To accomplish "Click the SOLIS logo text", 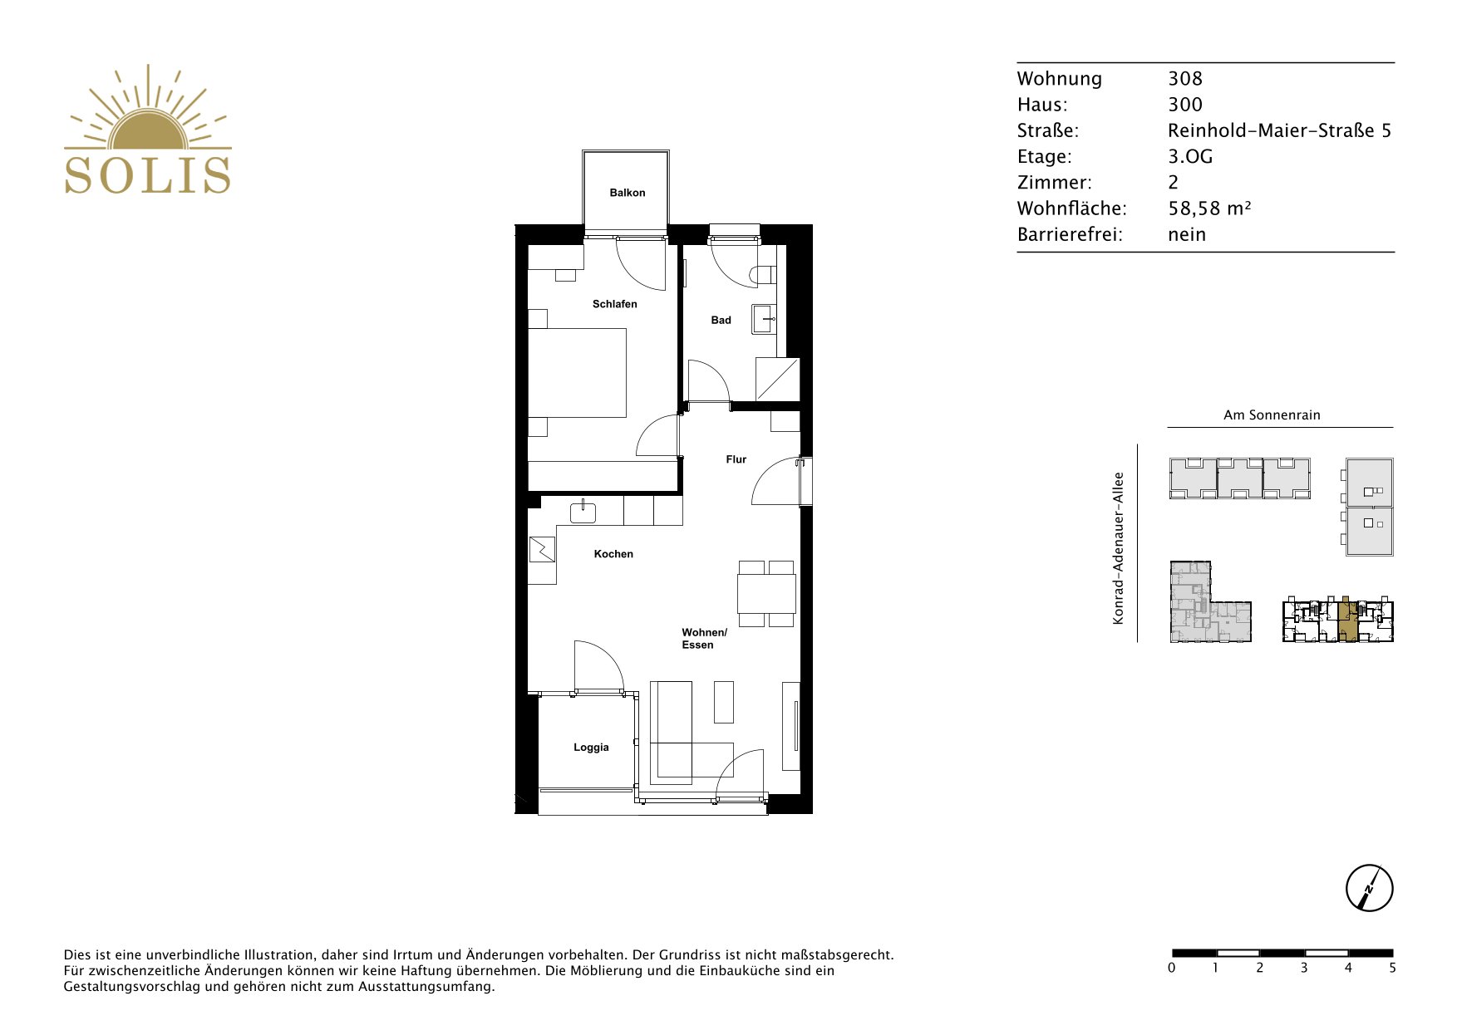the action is point(148,175).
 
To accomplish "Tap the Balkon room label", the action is point(628,193).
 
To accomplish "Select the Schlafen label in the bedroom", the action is point(615,304).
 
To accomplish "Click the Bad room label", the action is point(721,320).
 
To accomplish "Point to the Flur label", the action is point(736,459).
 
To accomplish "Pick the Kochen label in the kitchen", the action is point(613,554).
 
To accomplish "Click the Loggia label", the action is point(591,748).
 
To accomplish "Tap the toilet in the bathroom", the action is point(762,274).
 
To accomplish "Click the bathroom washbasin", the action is point(764,319).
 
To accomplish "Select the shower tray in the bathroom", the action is point(777,379).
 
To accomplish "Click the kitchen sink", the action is point(583,513).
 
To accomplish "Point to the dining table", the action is point(766,594).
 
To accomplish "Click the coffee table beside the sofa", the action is point(724,702).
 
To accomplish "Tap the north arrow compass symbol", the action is point(1369,888).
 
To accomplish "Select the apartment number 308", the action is point(1185,79).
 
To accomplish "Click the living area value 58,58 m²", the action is point(1209,208).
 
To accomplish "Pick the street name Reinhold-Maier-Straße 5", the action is point(1279,130).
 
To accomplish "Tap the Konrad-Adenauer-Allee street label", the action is point(1119,548).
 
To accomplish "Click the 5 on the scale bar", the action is point(1392,968).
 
